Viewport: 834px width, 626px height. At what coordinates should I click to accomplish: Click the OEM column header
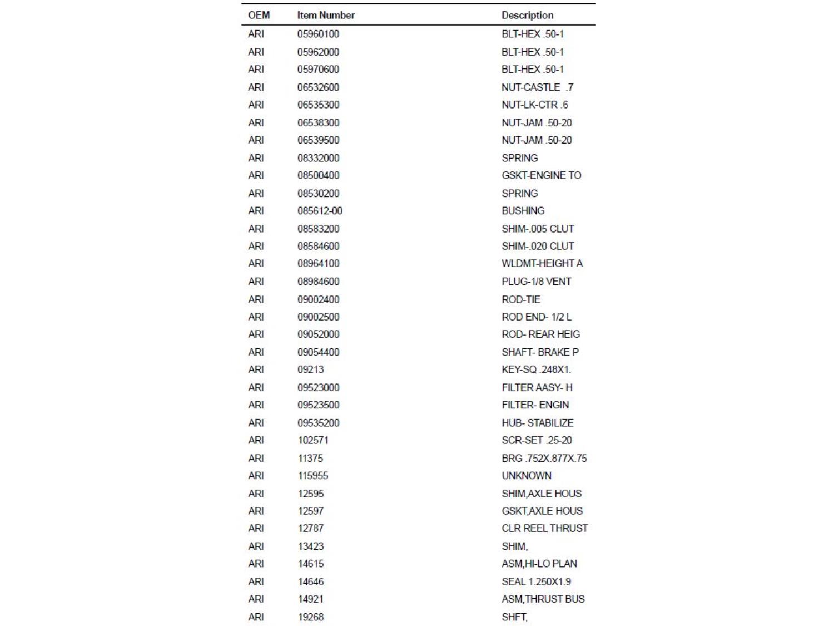259,15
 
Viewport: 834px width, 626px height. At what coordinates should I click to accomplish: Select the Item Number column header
326,15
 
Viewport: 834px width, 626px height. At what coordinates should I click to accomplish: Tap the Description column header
527,15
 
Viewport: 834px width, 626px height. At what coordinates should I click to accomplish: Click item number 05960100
318,34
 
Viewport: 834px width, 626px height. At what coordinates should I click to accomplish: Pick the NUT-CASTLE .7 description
537,87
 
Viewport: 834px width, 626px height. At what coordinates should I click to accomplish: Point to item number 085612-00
320,211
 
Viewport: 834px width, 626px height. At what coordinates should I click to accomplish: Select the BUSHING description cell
523,211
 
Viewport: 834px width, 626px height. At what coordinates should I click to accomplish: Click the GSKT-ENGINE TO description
541,175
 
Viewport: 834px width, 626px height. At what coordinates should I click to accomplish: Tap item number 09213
310,369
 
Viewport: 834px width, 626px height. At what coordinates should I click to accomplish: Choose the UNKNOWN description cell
526,476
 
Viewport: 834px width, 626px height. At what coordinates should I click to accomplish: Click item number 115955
312,476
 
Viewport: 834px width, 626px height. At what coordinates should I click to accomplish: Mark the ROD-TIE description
520,299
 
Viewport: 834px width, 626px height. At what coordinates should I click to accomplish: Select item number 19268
310,617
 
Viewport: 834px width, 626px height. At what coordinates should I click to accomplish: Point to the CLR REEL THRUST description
544,528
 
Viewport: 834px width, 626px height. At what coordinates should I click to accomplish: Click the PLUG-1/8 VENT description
536,282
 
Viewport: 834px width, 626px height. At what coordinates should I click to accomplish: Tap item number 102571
312,440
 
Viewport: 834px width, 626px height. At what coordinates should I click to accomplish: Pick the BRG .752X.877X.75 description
544,459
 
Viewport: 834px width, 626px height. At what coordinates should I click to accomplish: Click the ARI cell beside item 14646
256,581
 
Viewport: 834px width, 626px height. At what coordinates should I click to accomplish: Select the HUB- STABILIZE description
537,423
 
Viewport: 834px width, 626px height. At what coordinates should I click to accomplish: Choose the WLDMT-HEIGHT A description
542,263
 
